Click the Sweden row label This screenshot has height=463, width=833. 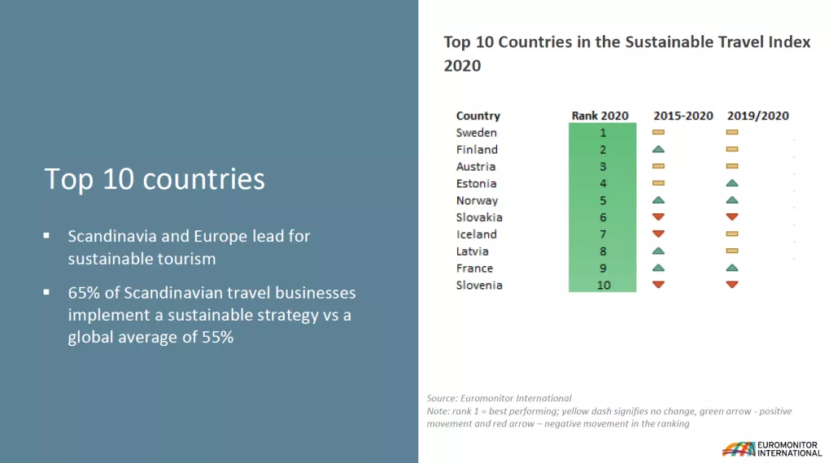pos(476,133)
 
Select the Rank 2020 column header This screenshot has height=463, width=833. pos(600,116)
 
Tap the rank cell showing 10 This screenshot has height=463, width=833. pos(603,285)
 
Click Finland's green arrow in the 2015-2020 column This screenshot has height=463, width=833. pos(658,149)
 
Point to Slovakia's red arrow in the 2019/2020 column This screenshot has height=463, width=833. pos(731,216)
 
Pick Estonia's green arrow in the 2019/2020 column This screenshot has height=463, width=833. pos(731,183)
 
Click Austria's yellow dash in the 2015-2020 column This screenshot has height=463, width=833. pos(658,166)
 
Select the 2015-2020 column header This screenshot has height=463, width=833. pos(683,116)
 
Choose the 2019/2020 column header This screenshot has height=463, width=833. pos(758,116)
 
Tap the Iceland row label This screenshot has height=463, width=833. pos(476,234)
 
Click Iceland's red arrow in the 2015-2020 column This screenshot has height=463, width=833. pos(658,234)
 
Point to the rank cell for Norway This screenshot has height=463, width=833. pos(603,200)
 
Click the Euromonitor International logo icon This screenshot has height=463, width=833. pos(738,448)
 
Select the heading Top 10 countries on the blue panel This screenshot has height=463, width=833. pos(155,179)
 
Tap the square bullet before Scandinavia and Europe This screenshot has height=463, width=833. pos(47,236)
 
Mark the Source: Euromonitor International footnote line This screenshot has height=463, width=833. pos(499,398)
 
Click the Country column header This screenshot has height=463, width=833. pos(478,116)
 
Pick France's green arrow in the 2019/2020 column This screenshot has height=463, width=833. pos(731,267)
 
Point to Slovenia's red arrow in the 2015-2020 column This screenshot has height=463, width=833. pos(658,284)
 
